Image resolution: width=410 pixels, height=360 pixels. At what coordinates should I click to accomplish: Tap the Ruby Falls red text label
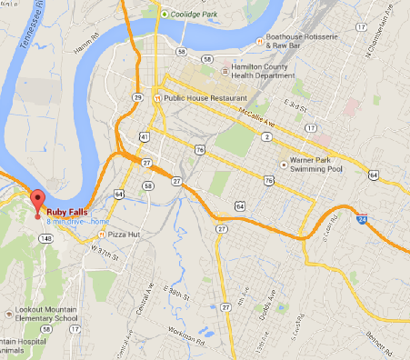[66, 213]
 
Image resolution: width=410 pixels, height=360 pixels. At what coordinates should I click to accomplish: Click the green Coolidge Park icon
[164, 14]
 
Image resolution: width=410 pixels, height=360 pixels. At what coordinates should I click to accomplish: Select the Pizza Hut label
[127, 234]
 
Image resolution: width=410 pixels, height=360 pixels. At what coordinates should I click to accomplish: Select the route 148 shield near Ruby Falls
[44, 239]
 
